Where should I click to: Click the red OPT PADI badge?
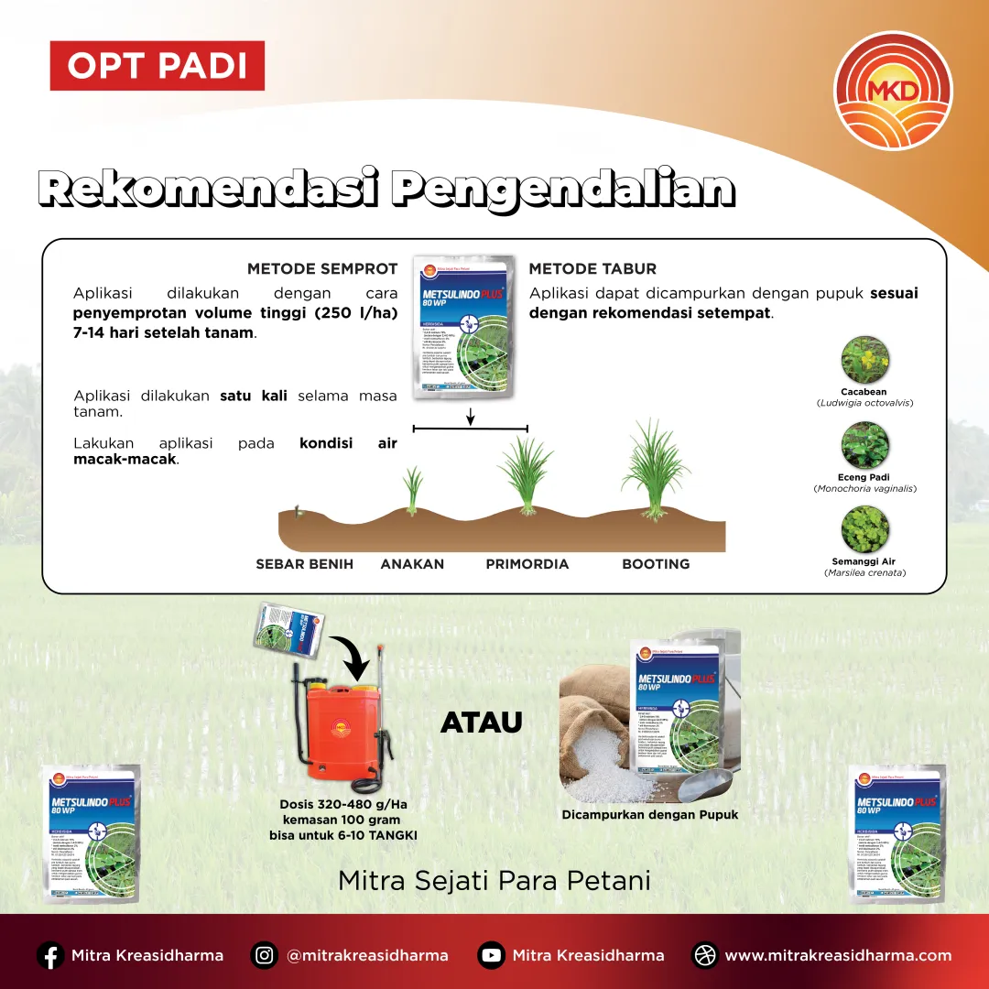157,66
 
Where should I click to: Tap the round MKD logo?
893,90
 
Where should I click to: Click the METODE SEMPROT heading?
322,269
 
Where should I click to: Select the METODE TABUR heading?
592,269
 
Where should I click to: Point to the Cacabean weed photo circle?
864,361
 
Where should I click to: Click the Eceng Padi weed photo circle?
864,445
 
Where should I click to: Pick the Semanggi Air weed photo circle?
864,529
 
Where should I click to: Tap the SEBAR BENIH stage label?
304,564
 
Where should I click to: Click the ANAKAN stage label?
412,564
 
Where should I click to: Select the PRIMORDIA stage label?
527,564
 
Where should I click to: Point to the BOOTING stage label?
656,564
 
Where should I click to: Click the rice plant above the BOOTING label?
654,469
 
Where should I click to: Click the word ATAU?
482,723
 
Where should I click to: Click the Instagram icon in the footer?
265,955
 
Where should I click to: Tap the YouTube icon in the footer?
491,955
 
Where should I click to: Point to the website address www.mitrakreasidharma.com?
837,955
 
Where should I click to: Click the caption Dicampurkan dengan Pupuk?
649,815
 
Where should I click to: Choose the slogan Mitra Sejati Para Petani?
494,881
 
